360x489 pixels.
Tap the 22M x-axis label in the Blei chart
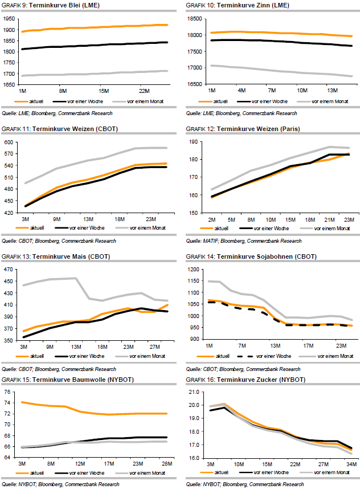(x=143, y=91)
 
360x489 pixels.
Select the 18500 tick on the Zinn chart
(x=194, y=18)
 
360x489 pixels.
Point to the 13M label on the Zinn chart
(x=333, y=91)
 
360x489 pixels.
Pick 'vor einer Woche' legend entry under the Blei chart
(x=89, y=101)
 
